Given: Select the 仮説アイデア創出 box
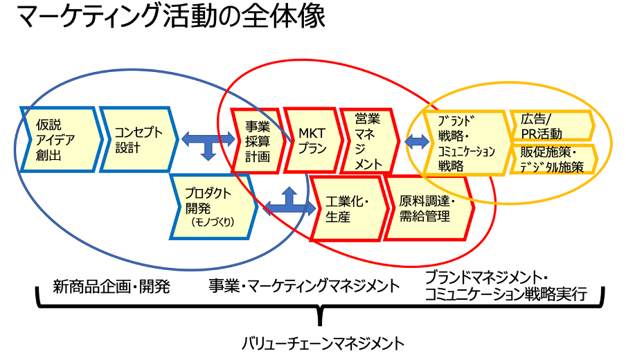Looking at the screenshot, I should (55, 140).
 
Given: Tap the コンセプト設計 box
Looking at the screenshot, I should (136, 139).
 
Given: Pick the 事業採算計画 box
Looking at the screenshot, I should (253, 140).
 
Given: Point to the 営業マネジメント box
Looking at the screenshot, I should (366, 140).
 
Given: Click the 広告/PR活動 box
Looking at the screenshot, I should (549, 126).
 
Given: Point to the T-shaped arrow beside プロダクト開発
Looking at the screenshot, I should (289, 203).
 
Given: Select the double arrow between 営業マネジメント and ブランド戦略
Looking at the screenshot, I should (417, 142).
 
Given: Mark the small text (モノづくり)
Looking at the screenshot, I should (213, 222).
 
